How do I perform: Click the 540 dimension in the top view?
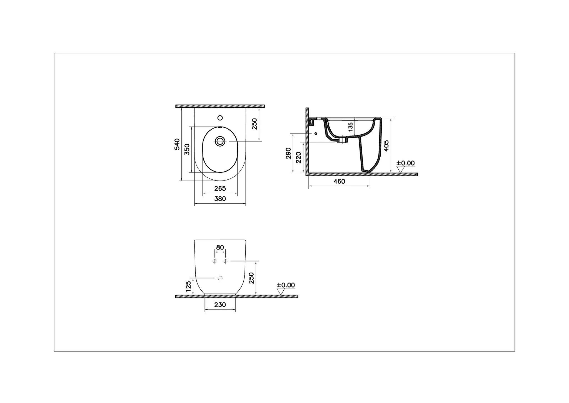click(177, 144)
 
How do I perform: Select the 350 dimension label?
click(187, 149)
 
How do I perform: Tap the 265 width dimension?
click(220, 189)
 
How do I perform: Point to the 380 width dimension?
click(220, 199)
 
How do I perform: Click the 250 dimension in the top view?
click(254, 124)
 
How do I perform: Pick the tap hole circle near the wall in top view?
click(220, 118)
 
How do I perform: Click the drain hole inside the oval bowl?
click(220, 141)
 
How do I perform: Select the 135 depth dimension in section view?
click(351, 127)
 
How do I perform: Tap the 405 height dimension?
click(386, 146)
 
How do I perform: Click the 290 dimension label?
click(288, 153)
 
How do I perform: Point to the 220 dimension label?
click(298, 157)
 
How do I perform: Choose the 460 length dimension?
click(339, 181)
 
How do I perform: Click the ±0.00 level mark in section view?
click(405, 163)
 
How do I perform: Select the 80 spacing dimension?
click(220, 247)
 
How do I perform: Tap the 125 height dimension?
click(188, 287)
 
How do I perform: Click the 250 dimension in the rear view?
click(251, 278)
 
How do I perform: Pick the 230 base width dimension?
click(220, 305)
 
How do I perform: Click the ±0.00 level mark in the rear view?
click(286, 285)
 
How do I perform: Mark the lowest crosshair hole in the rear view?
click(220, 278)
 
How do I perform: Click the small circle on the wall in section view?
click(316, 133)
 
